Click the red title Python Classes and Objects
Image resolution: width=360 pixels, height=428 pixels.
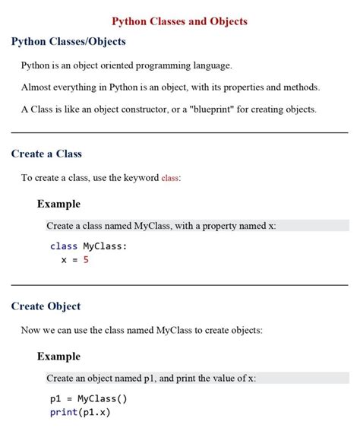tap(179, 22)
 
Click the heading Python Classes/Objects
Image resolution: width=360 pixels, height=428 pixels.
tap(68, 42)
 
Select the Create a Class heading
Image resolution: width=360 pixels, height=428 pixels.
tap(46, 154)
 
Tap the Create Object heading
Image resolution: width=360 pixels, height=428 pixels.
tap(46, 307)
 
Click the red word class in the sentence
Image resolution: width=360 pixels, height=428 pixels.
tap(170, 179)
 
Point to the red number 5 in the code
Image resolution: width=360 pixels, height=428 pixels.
tap(86, 260)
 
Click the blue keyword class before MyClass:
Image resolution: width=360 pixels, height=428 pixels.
tap(64, 246)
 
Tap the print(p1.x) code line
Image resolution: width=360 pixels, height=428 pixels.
tap(81, 412)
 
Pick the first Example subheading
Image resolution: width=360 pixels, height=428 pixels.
tap(58, 204)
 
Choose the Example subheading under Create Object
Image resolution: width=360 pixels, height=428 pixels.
tap(58, 357)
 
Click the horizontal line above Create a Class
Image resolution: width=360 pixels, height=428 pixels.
tap(179, 132)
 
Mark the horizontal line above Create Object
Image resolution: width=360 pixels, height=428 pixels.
tap(179, 285)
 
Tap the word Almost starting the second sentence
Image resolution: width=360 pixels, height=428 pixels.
tap(36, 87)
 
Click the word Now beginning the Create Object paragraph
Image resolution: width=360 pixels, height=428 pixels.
tap(31, 331)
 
